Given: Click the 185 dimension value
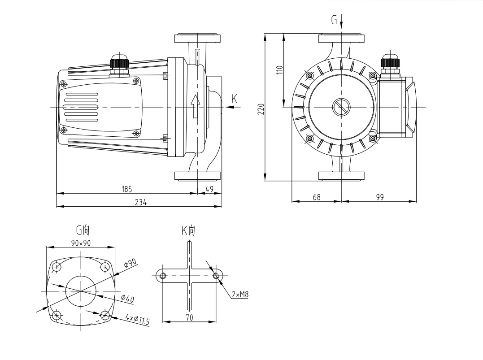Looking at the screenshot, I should pyautogui.click(x=127, y=189).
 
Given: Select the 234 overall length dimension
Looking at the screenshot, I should pyautogui.click(x=141, y=202).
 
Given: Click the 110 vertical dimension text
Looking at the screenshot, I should pyautogui.click(x=279, y=70).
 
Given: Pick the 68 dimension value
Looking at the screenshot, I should pyautogui.click(x=317, y=197).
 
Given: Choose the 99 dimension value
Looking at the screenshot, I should pyautogui.click(x=379, y=197).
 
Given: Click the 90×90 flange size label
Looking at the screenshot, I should pyautogui.click(x=81, y=243).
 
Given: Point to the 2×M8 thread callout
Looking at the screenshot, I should pyautogui.click(x=240, y=295).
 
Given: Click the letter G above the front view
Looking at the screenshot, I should pyautogui.click(x=334, y=20).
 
